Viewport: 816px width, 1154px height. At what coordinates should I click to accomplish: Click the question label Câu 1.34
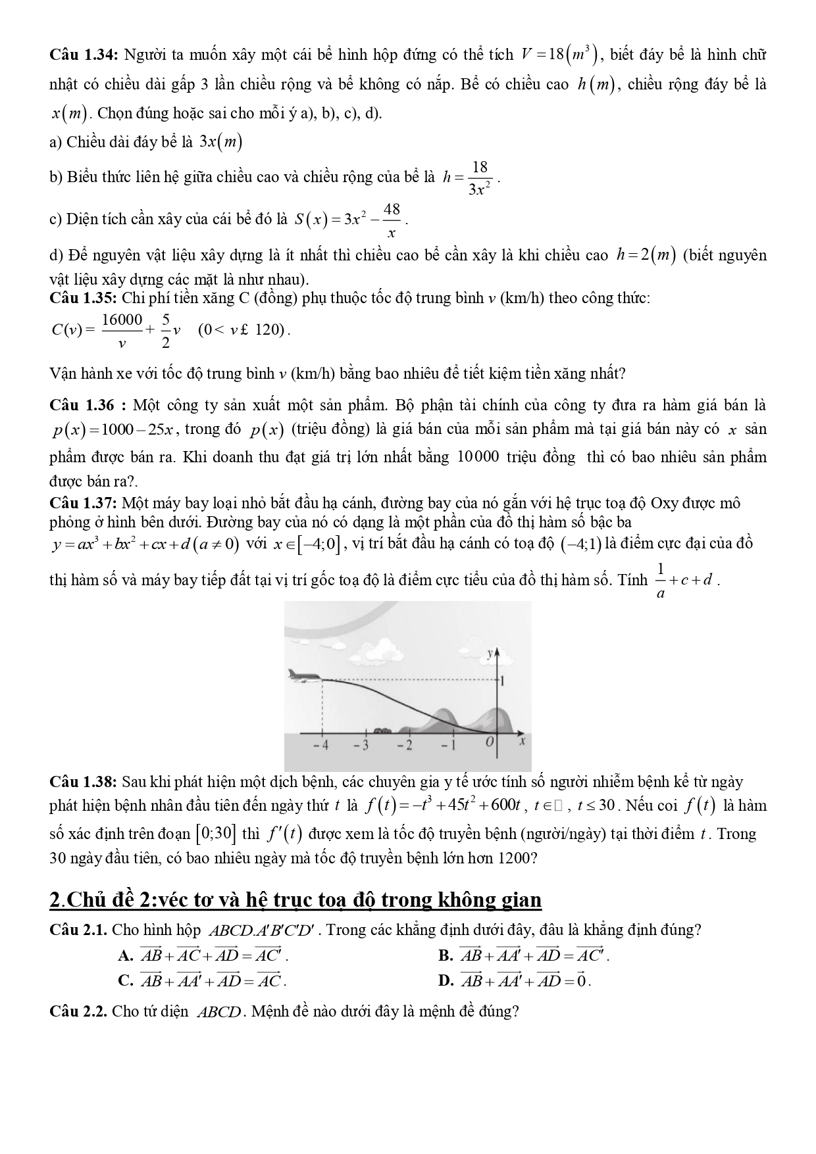pos(83,55)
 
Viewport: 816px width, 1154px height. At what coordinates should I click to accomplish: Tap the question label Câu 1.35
pos(83,299)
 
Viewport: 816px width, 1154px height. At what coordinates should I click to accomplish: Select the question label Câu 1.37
pos(83,504)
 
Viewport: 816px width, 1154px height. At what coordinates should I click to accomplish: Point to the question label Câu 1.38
pos(83,782)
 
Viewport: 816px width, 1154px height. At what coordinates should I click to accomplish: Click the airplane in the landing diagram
pos(303,677)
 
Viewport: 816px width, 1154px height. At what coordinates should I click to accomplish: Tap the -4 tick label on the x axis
pos(320,746)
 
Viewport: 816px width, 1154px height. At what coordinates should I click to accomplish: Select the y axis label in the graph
pos(490,653)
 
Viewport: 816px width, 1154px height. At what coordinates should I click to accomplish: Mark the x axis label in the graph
pos(522,742)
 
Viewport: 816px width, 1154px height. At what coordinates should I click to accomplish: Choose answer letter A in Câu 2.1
pos(126,956)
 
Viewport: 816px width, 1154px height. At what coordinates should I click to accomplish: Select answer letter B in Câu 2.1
pos(444,956)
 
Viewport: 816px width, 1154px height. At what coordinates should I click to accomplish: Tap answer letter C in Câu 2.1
pos(126,982)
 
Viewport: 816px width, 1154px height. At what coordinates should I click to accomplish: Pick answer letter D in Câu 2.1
pos(444,982)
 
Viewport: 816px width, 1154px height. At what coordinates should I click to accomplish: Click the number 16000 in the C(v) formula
pos(122,320)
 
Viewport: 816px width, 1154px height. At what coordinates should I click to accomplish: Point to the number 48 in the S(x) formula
pos(392,210)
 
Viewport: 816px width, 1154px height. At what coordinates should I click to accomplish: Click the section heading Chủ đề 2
pos(295,900)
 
